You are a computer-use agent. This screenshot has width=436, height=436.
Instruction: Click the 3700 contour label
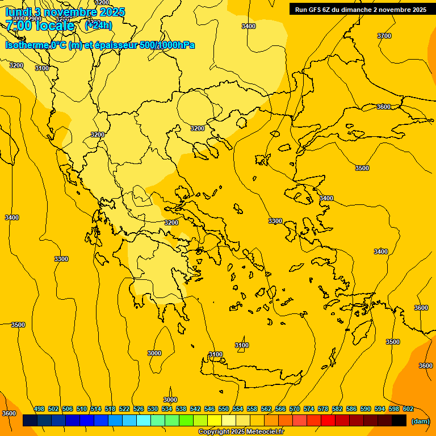click(384, 36)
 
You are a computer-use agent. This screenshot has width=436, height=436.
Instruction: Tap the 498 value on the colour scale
click(39, 409)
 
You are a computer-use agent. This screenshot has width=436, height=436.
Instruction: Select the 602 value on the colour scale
click(408, 409)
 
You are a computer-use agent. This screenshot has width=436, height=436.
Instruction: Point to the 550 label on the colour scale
click(224, 409)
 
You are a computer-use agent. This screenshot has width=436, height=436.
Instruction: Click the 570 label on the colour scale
click(295, 409)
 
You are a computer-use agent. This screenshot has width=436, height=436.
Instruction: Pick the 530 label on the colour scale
click(153, 409)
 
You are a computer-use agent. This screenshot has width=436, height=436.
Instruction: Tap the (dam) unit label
click(420, 421)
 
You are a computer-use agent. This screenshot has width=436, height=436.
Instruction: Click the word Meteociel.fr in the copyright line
click(263, 432)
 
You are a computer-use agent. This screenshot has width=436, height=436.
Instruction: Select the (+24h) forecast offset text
click(98, 25)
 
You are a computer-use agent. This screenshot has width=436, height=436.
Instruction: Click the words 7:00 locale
click(40, 25)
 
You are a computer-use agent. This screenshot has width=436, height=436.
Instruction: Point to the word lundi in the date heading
click(18, 12)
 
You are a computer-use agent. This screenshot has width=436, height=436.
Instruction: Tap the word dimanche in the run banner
click(357, 9)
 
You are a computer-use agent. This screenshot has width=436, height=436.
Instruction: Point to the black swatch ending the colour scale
click(399, 421)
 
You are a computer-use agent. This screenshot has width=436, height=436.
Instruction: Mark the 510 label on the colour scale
click(82, 409)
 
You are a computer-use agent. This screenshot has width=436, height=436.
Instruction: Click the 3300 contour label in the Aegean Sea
click(275, 221)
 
